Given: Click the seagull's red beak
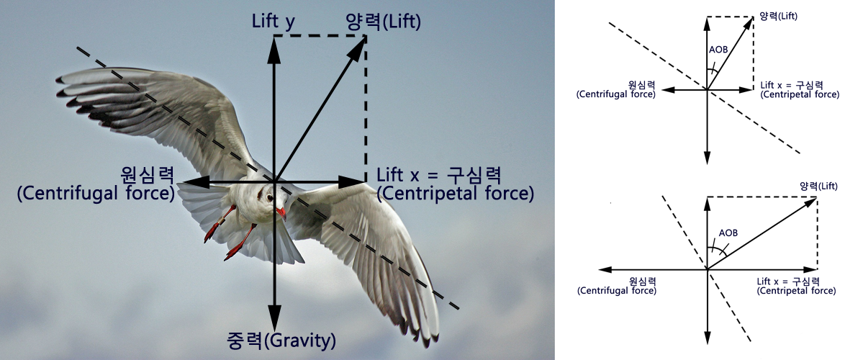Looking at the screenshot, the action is (x=281, y=213).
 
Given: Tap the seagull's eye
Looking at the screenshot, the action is (x=270, y=197).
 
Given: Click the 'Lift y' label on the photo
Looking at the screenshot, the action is (x=273, y=21).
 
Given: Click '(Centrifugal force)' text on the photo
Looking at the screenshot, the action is (x=96, y=194).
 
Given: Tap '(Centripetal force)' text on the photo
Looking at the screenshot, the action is (x=455, y=194).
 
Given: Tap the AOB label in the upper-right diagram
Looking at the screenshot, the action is (x=718, y=50).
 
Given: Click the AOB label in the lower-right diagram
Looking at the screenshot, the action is (x=728, y=233).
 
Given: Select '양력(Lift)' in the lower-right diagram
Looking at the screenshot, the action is (x=820, y=186).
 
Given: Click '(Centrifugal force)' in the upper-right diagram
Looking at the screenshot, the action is (x=616, y=94).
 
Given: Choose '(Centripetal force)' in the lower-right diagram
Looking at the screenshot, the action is (x=797, y=291).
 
